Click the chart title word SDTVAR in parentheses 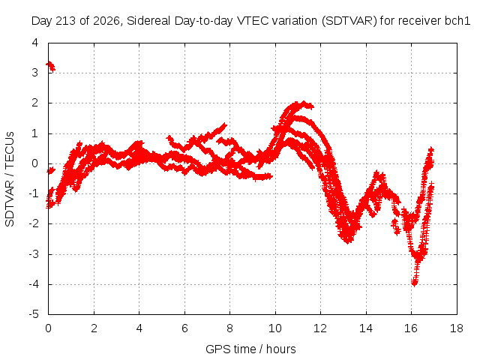point(349,21)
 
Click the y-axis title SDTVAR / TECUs point(10,179)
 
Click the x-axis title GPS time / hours point(250,349)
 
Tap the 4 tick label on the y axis point(35,43)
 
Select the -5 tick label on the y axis point(34,314)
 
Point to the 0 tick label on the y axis point(35,163)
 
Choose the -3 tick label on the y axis point(34,254)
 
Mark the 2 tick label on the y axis point(35,103)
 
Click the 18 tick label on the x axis point(457,328)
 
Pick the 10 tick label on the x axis point(275,328)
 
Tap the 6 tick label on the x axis point(184,328)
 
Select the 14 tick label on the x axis point(366,328)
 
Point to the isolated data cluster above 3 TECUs point(50,66)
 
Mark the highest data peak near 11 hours point(303,103)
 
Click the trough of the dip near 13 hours point(348,240)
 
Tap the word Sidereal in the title point(149,21)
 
